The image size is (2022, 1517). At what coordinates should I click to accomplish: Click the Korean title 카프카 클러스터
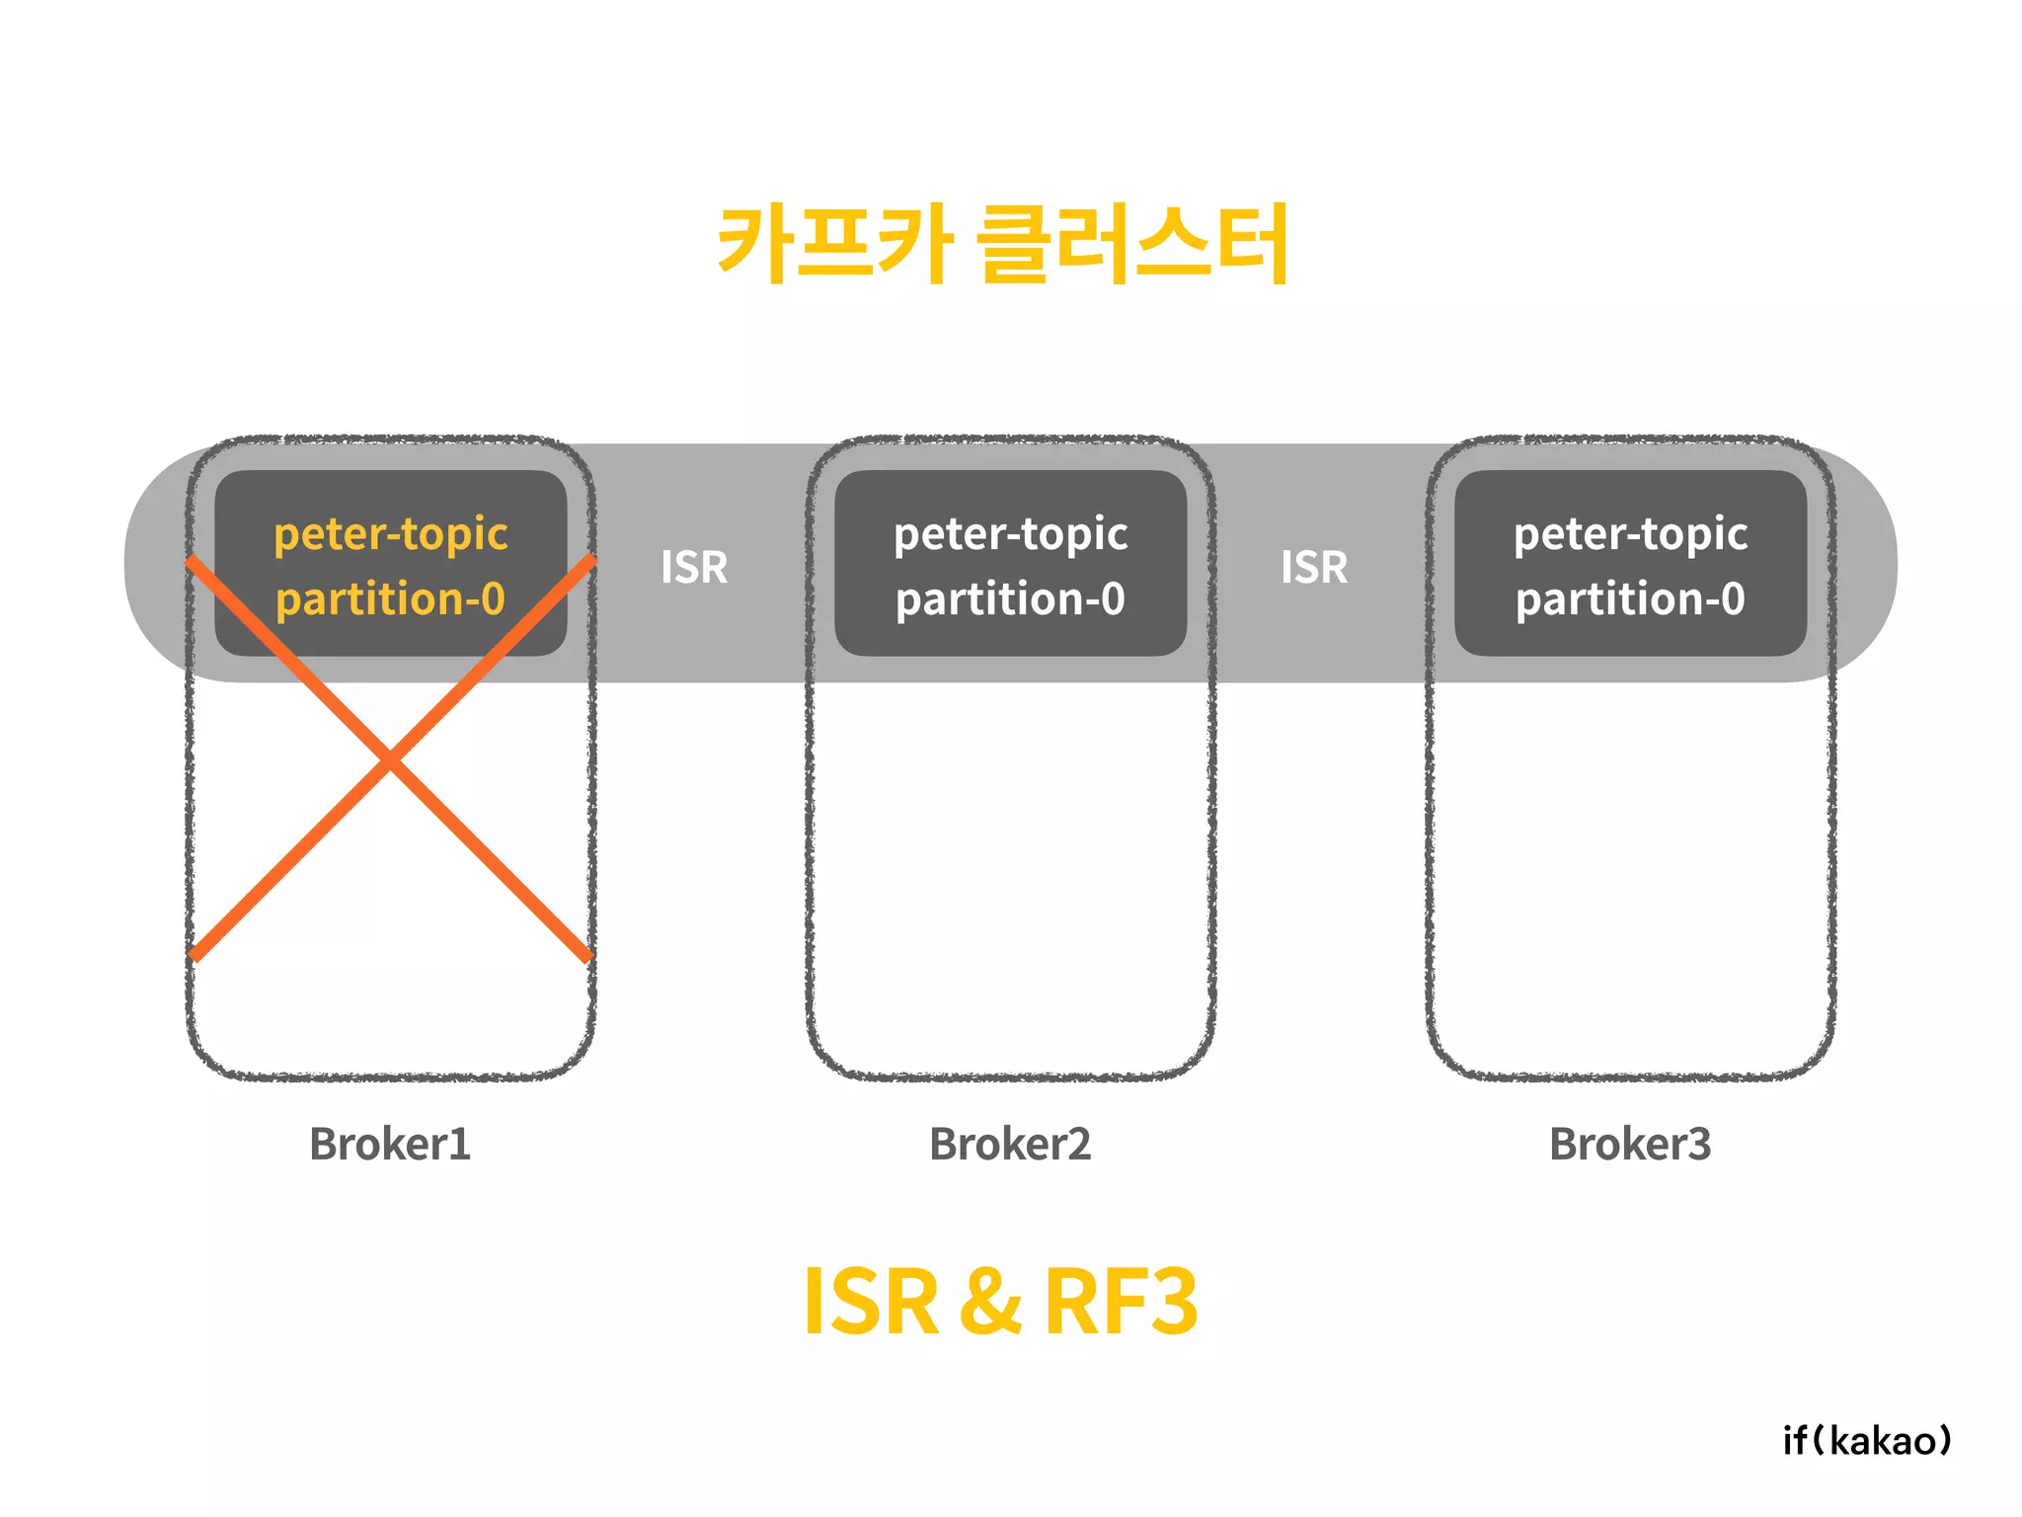pyautogui.click(x=1003, y=243)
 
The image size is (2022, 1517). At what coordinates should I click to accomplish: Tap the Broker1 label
pyautogui.click(x=390, y=1144)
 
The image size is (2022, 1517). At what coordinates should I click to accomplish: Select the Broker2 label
pyautogui.click(x=1010, y=1144)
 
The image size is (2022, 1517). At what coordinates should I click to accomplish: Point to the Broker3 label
pyautogui.click(x=1630, y=1144)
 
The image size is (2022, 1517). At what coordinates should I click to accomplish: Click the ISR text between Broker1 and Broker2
pyautogui.click(x=694, y=567)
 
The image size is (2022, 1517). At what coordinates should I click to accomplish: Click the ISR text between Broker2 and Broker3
pyautogui.click(x=1314, y=567)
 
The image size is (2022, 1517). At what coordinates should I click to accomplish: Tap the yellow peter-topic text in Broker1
pyautogui.click(x=390, y=534)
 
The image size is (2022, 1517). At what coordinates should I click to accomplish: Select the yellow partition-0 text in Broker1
pyautogui.click(x=390, y=599)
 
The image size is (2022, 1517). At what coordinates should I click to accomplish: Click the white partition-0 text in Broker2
pyautogui.click(x=1010, y=599)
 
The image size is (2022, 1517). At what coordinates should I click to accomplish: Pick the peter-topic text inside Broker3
pyautogui.click(x=1630, y=534)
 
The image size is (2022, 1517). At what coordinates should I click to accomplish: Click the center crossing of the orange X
pyautogui.click(x=390, y=760)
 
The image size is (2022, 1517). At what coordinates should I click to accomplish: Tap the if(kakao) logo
pyautogui.click(x=1867, y=1440)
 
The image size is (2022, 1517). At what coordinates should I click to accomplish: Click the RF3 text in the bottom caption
pyautogui.click(x=1121, y=1302)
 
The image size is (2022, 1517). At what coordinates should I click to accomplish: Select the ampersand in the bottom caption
pyautogui.click(x=990, y=1302)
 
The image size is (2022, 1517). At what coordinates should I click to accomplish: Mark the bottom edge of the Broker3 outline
pyautogui.click(x=1630, y=1076)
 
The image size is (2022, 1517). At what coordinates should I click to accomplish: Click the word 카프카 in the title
pyautogui.click(x=835, y=243)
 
